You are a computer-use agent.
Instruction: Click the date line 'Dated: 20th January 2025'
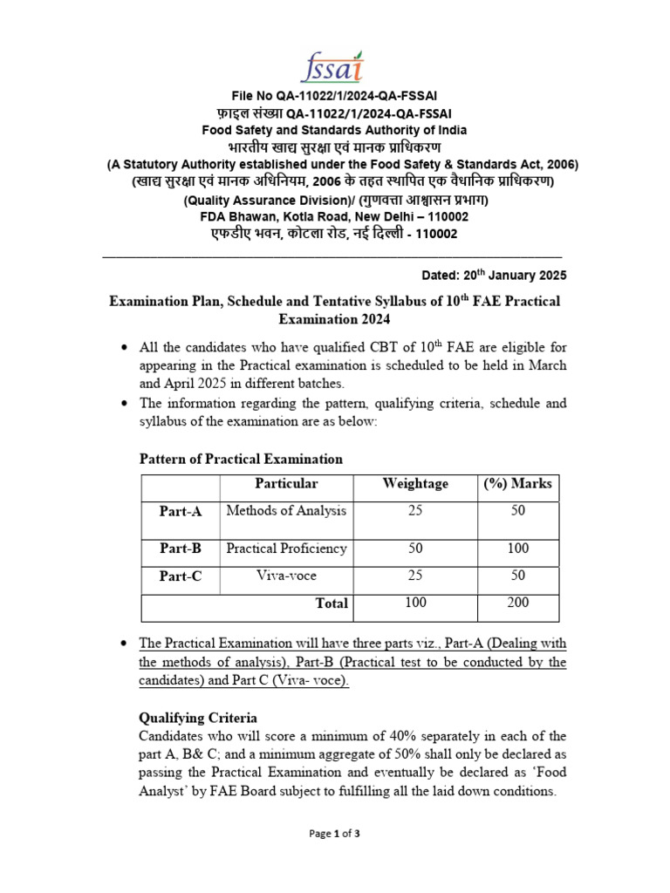click(494, 275)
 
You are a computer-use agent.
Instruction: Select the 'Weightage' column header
click(415, 483)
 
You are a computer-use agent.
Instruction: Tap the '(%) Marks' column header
click(517, 483)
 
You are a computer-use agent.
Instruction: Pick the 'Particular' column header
click(286, 483)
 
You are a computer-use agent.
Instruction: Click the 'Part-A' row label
click(180, 512)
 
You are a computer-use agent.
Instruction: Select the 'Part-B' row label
click(180, 549)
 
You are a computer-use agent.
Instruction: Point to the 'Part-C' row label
click(180, 576)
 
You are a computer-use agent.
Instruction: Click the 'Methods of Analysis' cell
click(286, 510)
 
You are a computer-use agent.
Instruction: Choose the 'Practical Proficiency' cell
click(286, 549)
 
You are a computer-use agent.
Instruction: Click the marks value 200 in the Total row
click(517, 603)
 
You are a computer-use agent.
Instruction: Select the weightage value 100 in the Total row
click(415, 603)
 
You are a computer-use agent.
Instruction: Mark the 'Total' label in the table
click(332, 603)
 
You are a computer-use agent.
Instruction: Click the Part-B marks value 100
click(517, 549)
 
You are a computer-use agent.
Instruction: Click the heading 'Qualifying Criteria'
click(198, 718)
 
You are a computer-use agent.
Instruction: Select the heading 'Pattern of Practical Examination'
click(241, 459)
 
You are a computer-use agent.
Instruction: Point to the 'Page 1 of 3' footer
click(335, 834)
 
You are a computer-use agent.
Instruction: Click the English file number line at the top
click(335, 95)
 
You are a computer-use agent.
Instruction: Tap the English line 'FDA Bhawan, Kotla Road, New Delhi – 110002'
click(335, 217)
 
